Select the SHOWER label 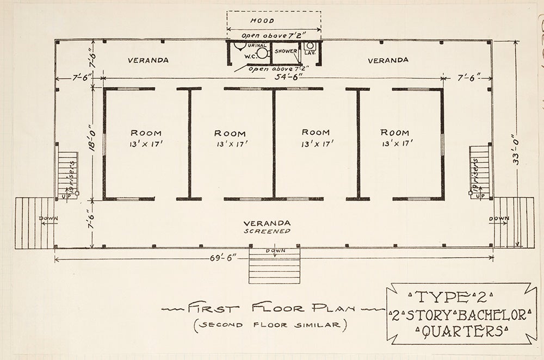pyautogui.click(x=285, y=51)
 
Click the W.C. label pyautogui.click(x=251, y=55)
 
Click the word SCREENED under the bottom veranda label pyautogui.click(x=267, y=231)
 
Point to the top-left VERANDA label pyautogui.click(x=148, y=60)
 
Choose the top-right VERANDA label pyautogui.click(x=388, y=60)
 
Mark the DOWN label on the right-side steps pyautogui.click(x=499, y=219)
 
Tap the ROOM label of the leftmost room pyautogui.click(x=146, y=133)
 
